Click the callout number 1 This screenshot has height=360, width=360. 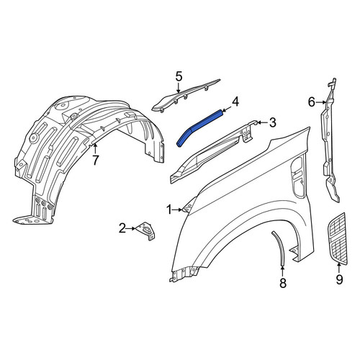[x=170, y=210]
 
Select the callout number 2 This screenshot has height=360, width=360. [x=122, y=228]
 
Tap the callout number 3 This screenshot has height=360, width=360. [x=272, y=123]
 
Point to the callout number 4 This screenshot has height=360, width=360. [x=235, y=102]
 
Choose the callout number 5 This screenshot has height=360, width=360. [x=179, y=76]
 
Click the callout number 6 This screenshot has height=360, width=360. [x=311, y=103]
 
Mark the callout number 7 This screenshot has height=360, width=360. [x=96, y=161]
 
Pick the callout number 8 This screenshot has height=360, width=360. [x=283, y=283]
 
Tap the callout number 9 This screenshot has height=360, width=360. [x=339, y=280]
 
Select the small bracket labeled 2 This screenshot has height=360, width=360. [x=145, y=230]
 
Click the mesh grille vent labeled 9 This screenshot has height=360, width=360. [x=337, y=239]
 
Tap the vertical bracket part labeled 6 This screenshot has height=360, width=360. [x=330, y=142]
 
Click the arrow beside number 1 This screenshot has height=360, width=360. [x=178, y=210]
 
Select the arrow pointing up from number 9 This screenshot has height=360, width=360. [x=339, y=269]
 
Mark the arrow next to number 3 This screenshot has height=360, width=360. [x=262, y=123]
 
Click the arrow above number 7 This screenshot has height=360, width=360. [x=96, y=148]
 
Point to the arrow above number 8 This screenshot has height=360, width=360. [x=283, y=271]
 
